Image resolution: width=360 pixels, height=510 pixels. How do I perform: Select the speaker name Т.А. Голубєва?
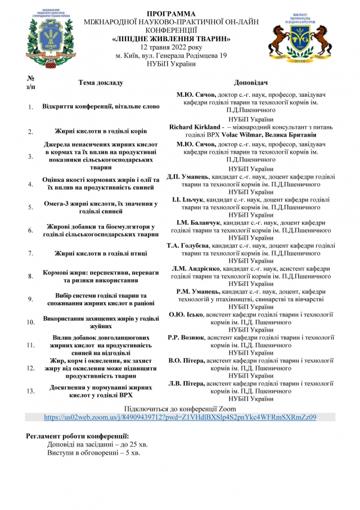point(188,245)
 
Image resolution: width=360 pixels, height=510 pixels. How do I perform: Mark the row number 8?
point(30,276)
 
